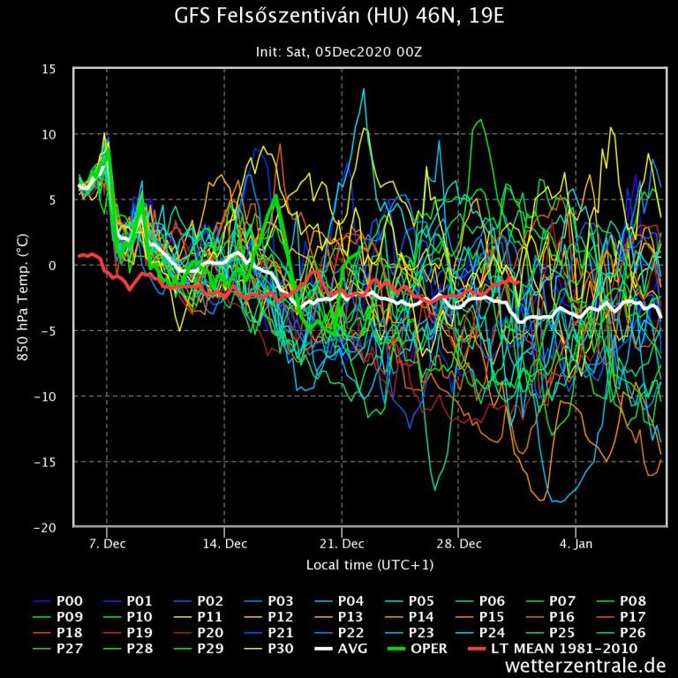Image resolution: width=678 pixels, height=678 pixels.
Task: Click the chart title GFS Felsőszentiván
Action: coord(338,19)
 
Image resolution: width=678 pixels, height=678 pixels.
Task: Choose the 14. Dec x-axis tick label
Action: coord(223,544)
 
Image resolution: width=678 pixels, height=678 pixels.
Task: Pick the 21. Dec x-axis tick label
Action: coord(341,544)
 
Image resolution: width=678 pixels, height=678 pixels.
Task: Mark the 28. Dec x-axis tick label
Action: coord(458,544)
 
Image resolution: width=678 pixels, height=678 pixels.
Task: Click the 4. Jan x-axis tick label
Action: coord(576,544)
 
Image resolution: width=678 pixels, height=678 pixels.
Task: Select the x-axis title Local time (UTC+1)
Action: coord(369,564)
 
